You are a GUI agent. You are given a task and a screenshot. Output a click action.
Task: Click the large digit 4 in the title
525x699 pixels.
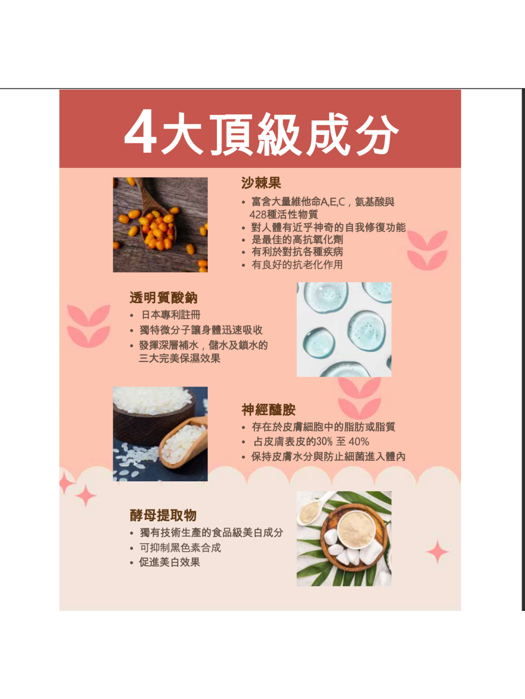140,131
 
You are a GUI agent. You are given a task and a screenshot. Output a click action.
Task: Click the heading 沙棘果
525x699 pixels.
261,183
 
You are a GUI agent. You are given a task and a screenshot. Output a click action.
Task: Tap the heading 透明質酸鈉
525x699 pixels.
164,298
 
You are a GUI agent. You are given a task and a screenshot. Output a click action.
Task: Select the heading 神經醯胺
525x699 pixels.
269,410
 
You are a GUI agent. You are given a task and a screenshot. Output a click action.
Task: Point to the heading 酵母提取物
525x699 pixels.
163,515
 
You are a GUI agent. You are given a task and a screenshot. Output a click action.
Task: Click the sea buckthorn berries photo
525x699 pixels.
160,225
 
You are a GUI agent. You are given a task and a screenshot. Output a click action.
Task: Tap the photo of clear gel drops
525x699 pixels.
344,330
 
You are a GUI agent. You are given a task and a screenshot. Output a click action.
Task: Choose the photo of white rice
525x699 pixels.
160,434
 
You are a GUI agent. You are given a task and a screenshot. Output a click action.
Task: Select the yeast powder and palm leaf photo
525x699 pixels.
344,539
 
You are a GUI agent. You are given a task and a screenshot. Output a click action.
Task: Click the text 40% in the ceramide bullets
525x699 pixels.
359,442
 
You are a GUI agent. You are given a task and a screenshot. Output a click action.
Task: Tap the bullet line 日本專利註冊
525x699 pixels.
171,315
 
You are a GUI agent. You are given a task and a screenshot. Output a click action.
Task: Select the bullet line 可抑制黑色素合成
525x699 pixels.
180,548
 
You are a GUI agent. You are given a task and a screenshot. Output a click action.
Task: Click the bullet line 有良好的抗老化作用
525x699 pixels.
297,265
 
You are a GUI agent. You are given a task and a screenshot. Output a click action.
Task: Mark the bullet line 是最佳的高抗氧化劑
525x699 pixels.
297,240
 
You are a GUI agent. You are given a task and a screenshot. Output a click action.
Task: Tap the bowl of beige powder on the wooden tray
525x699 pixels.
356,528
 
